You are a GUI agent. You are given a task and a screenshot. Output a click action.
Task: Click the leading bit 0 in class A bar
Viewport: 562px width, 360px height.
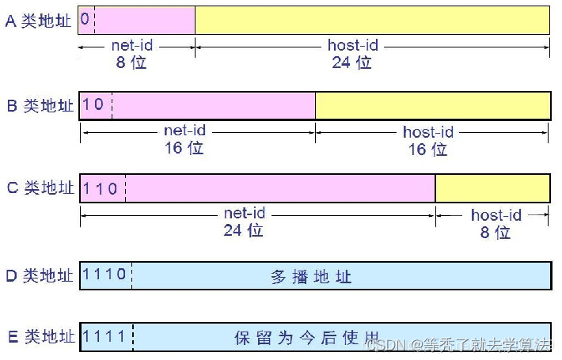85,19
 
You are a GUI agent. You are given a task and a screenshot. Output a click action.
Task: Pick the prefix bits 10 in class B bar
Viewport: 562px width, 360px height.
93,104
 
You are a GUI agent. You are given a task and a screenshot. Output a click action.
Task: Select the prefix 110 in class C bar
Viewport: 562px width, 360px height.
101,188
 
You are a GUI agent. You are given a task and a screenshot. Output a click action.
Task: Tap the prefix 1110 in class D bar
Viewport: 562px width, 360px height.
104,275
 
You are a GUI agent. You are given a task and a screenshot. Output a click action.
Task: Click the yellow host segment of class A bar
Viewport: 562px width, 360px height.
372,20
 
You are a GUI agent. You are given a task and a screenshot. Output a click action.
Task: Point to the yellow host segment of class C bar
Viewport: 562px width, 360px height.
492,188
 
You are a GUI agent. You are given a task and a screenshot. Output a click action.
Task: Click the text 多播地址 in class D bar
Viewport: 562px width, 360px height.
311,277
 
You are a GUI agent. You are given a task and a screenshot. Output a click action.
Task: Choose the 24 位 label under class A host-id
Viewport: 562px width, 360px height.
351,62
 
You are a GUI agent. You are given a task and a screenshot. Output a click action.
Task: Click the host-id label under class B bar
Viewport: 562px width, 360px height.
428,131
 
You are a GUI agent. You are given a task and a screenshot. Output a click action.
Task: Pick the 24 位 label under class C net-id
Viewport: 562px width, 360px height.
243,230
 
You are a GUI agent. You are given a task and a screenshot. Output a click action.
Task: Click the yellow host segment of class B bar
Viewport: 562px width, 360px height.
432,104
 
